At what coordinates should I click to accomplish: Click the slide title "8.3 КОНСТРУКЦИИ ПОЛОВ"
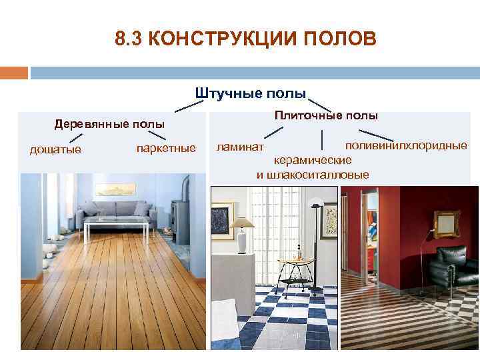click(x=245, y=39)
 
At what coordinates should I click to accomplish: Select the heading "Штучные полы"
click(x=251, y=92)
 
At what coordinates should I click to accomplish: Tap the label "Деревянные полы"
click(x=109, y=124)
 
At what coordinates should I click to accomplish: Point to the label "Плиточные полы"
click(x=326, y=115)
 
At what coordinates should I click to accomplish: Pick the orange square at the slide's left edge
click(x=13, y=72)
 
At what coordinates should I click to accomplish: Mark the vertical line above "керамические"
click(x=323, y=140)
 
